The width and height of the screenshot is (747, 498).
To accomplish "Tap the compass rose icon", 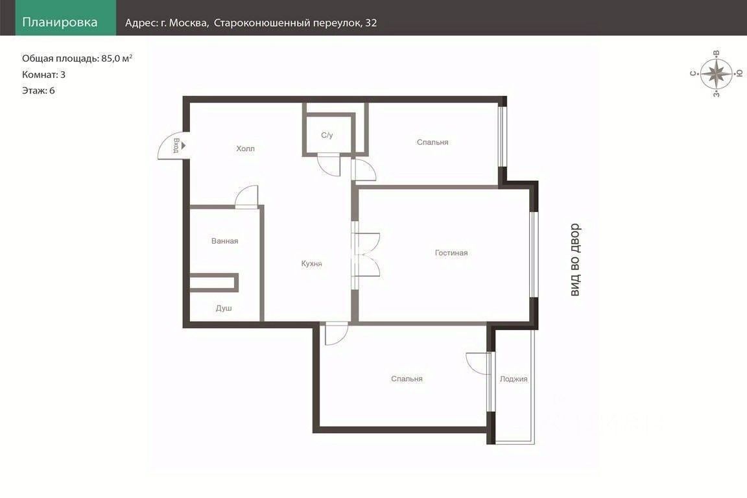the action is coord(716,74).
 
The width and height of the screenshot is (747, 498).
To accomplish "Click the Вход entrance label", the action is coord(176,145).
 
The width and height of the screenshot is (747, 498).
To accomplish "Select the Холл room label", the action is coord(245,148).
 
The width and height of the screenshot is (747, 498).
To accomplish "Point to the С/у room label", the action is coord(327,136).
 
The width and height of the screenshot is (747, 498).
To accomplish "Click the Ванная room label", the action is coord(225,241).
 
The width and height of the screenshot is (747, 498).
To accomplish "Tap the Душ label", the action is coord(224,308).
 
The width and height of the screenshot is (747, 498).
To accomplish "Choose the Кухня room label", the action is coord(311,263).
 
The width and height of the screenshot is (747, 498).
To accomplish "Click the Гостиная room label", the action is coord(451,253).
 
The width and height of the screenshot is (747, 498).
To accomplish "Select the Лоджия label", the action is coord(514,379).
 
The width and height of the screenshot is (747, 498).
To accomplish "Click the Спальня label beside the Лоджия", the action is coord(407,379).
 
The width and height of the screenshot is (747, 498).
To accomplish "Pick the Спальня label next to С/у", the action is coord(433,142).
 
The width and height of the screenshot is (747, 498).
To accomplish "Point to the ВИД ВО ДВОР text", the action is coord(576,260).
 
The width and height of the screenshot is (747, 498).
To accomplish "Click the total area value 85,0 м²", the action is coord(117,58).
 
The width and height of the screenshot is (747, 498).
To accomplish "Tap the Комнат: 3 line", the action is coord(44,75).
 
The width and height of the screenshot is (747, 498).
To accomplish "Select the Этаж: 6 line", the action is coord(39,91).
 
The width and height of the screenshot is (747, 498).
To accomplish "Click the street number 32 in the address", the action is coord(371,23).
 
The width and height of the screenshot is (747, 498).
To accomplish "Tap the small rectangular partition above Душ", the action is coord(214,282).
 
